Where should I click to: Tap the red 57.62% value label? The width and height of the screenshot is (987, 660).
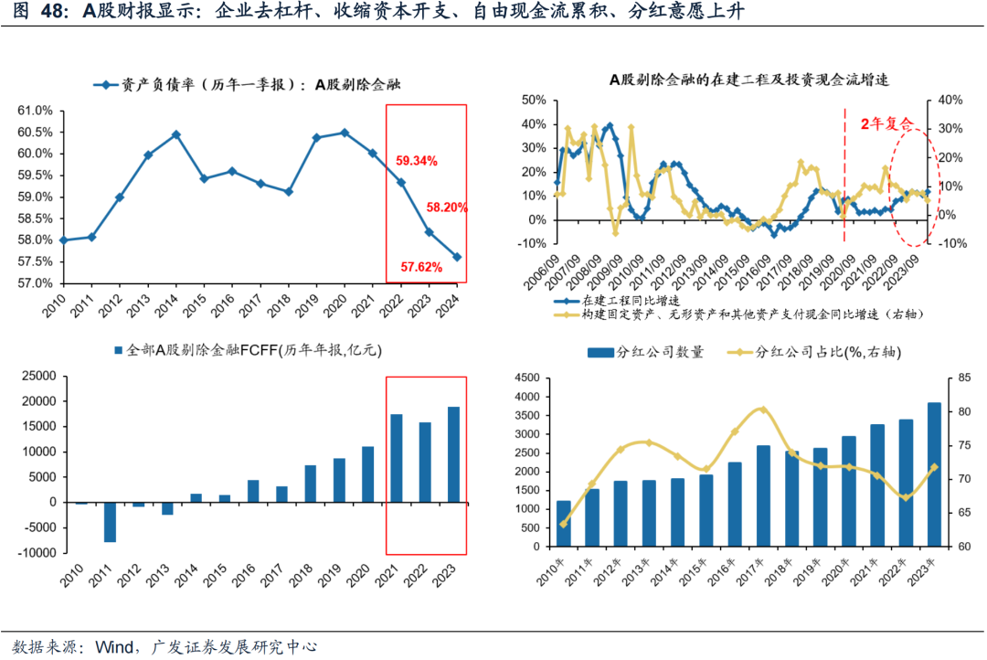coord(421,268)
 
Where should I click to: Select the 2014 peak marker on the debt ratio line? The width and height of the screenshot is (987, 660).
coord(175,134)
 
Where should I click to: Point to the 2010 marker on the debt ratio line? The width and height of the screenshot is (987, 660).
coord(63,240)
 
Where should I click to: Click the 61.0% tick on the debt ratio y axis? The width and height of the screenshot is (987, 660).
coord(35,111)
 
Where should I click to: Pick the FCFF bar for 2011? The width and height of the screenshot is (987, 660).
coord(110,522)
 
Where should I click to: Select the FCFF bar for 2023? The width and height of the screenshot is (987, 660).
coord(453,454)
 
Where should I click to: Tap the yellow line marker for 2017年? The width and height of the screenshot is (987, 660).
coord(764,410)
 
